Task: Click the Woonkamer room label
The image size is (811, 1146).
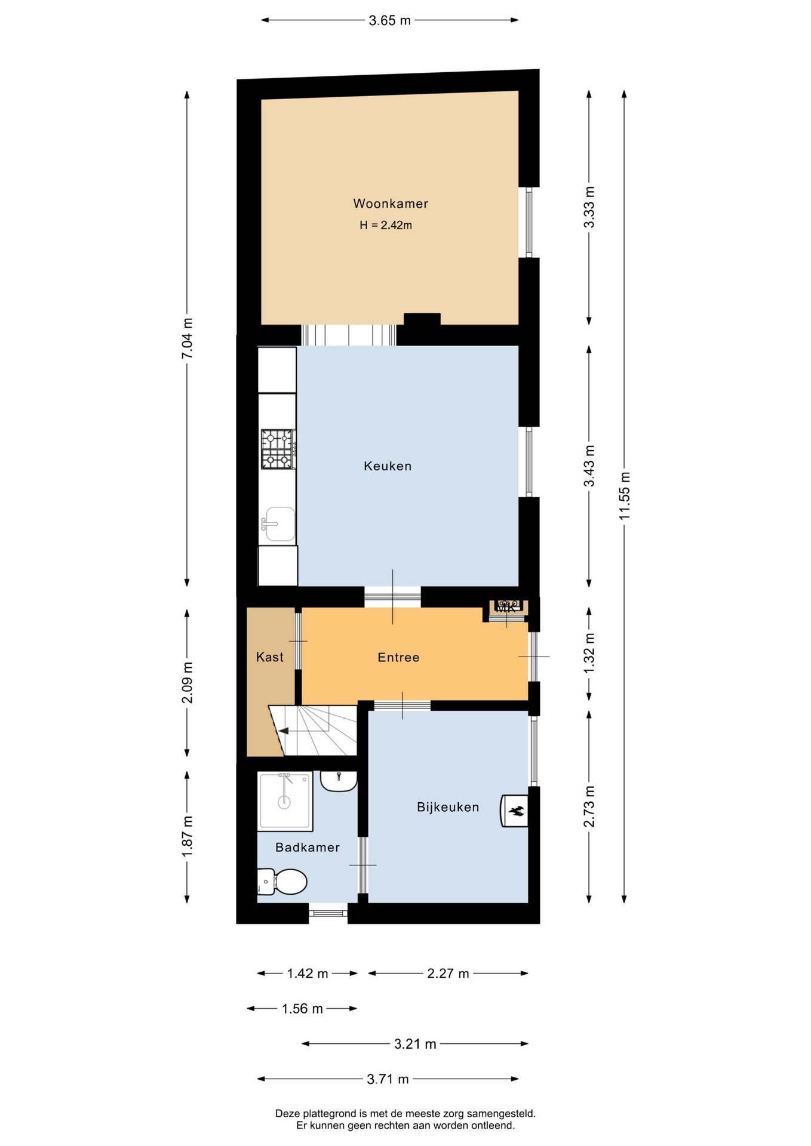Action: pyautogui.click(x=391, y=204)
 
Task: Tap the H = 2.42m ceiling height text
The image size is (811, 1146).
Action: pyautogui.click(x=386, y=226)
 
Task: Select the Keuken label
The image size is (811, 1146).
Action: pyautogui.click(x=388, y=466)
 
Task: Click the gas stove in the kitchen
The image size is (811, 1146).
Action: pyautogui.click(x=278, y=449)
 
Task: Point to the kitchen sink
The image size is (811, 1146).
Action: pyautogui.click(x=279, y=524)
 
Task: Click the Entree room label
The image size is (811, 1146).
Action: pyautogui.click(x=398, y=658)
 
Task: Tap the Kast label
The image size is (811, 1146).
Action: pyautogui.click(x=270, y=657)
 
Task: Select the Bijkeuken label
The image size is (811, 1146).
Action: pyautogui.click(x=448, y=808)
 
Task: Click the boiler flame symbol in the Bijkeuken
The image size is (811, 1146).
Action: pyautogui.click(x=516, y=811)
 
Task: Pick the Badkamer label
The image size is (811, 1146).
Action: pyautogui.click(x=308, y=848)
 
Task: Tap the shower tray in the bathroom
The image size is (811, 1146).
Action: pyautogui.click(x=285, y=801)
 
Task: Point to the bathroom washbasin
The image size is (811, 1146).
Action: pyautogui.click(x=339, y=781)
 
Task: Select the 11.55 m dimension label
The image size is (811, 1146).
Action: pyautogui.click(x=625, y=495)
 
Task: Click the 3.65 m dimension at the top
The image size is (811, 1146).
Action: pyautogui.click(x=390, y=20)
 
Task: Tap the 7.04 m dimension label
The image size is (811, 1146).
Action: pyautogui.click(x=187, y=338)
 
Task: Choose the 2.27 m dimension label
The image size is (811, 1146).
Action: pyautogui.click(x=448, y=974)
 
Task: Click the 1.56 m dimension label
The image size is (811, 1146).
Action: pyautogui.click(x=302, y=1009)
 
